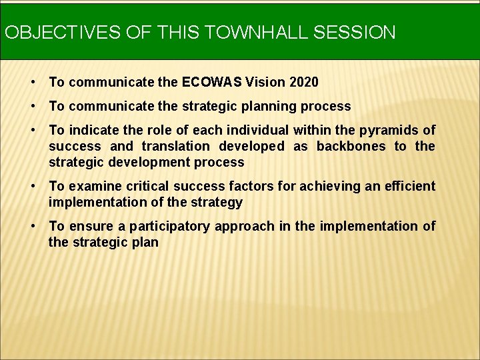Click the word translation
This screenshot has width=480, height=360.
[x=179, y=146]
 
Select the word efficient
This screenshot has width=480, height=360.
[x=410, y=186]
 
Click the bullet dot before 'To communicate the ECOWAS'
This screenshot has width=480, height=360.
[x=33, y=82]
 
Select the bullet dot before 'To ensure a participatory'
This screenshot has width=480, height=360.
[x=33, y=226]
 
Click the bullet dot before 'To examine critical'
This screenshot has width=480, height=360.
[x=33, y=186]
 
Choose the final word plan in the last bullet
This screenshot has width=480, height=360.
[x=145, y=242]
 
